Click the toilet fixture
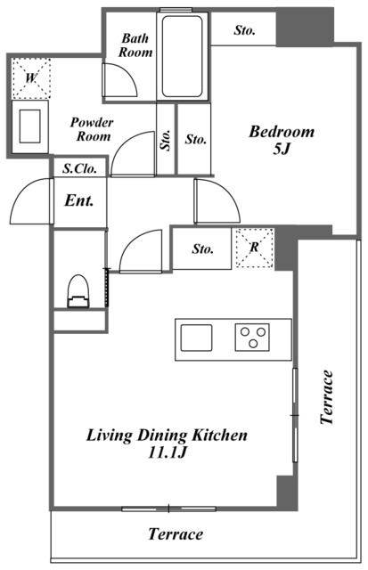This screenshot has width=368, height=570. [x=78, y=291]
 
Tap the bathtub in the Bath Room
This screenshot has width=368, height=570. [x=182, y=56]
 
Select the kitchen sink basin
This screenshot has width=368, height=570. [x=196, y=338]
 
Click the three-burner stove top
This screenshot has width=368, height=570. [x=252, y=337]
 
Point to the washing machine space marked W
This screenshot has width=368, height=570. [x=31, y=77]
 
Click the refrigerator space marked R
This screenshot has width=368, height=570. [x=255, y=248]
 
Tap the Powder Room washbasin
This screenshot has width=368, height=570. [x=29, y=126]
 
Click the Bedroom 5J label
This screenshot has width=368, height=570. [x=282, y=140]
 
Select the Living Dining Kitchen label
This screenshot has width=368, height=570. [x=167, y=444]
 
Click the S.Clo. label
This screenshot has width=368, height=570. [x=79, y=168]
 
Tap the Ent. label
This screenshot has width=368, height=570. [x=79, y=200]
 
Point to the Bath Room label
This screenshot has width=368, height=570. [x=135, y=45]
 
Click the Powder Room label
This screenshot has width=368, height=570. [x=93, y=129]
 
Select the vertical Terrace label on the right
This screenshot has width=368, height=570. [x=326, y=397]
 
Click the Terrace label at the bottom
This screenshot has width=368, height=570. [x=176, y=534]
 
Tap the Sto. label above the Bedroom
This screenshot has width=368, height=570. [x=244, y=30]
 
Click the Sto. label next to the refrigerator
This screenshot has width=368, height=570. [x=202, y=249]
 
